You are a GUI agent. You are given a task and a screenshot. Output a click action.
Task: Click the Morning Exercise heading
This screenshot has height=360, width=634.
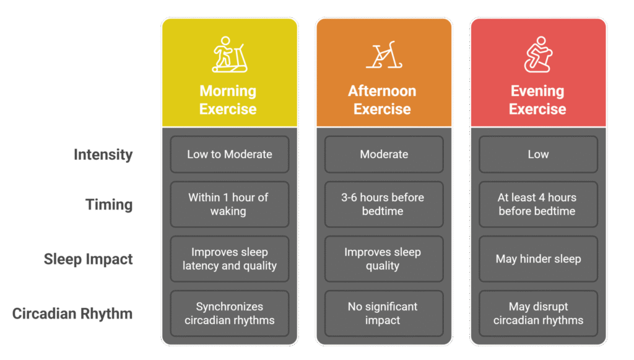click(x=228, y=100)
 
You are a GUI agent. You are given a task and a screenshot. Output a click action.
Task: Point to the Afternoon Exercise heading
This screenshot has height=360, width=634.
click(x=382, y=100)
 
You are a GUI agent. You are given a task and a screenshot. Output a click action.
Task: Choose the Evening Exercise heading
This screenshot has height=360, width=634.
click(x=537, y=100)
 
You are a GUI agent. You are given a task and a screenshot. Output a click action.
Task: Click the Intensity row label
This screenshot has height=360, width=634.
click(x=103, y=154)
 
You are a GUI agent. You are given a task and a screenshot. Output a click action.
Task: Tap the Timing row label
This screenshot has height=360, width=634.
click(x=109, y=204)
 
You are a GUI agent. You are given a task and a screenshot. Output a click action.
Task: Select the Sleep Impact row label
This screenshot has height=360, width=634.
click(x=88, y=259)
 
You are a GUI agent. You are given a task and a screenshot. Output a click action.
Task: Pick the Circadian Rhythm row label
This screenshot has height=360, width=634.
click(x=72, y=314)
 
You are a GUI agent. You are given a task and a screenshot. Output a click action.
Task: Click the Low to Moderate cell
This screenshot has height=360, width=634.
click(x=229, y=154)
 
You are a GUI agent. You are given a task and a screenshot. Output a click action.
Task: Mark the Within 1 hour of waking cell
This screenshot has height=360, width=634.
click(x=229, y=204)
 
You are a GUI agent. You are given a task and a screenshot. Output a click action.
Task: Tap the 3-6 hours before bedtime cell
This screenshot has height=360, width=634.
click(x=384, y=204)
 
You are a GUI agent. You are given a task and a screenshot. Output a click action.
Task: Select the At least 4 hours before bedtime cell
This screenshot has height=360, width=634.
click(x=537, y=204)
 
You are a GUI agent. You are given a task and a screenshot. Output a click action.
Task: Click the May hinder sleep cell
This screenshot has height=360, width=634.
click(x=537, y=259)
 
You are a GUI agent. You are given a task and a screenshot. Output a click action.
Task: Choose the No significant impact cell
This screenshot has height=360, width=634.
click(x=384, y=314)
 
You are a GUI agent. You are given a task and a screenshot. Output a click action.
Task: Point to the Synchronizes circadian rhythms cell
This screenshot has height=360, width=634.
click(x=229, y=314)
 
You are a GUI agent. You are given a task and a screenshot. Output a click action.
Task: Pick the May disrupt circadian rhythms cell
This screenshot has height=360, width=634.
click(x=537, y=314)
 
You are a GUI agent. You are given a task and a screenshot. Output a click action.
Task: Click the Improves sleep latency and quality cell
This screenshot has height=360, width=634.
click(x=229, y=259)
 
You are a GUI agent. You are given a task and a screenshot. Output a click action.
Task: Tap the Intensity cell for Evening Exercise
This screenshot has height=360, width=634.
click(x=537, y=154)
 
